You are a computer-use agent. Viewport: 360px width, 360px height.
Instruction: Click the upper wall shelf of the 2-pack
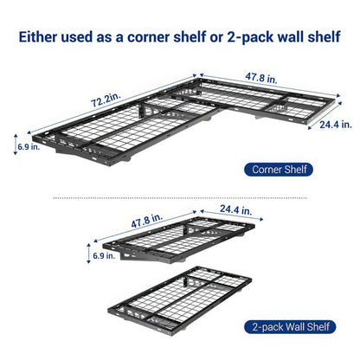click(x=186, y=242)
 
